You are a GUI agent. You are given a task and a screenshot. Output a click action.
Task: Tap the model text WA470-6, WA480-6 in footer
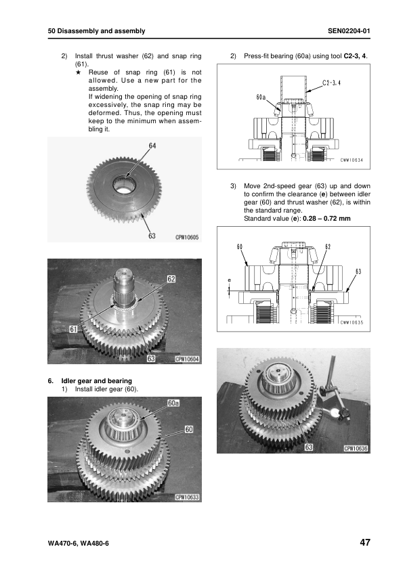click(x=79, y=544)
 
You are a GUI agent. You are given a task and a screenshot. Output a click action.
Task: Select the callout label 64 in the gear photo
click(x=153, y=145)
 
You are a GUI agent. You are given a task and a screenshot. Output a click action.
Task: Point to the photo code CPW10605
click(x=186, y=237)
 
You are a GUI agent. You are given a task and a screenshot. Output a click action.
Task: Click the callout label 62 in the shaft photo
click(x=171, y=278)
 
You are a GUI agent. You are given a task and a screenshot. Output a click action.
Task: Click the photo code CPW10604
click(x=187, y=359)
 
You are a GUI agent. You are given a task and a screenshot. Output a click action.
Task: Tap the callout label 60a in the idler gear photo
click(x=173, y=403)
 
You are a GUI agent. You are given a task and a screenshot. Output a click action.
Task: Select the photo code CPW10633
click(x=187, y=496)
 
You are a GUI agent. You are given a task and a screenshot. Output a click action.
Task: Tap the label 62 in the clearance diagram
click(x=328, y=246)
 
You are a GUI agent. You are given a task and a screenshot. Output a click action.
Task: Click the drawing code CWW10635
click(x=352, y=322)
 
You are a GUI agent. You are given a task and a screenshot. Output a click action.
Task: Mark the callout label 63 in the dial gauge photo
click(x=308, y=447)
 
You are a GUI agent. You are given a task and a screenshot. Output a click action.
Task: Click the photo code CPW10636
click(x=355, y=447)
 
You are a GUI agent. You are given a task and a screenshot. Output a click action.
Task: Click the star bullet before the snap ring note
click(x=79, y=71)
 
